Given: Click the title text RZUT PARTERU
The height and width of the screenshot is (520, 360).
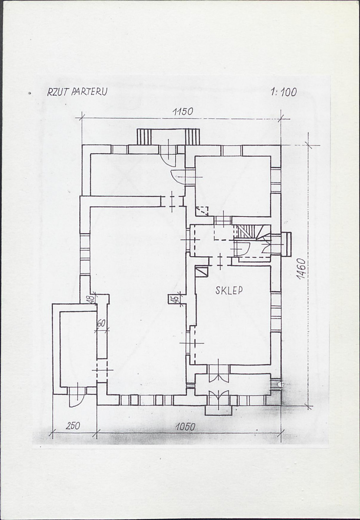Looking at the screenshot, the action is click(x=77, y=92).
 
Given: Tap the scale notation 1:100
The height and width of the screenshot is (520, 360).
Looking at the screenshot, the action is click(x=284, y=92).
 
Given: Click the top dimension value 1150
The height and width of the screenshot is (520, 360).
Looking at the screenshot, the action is click(x=182, y=112).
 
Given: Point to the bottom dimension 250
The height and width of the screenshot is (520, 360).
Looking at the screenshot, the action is click(x=72, y=426).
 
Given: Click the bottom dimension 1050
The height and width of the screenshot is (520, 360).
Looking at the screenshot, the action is click(x=185, y=427).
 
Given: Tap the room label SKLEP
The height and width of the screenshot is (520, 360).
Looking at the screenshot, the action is click(x=229, y=290).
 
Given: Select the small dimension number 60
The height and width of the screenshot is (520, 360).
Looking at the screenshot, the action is click(x=101, y=323).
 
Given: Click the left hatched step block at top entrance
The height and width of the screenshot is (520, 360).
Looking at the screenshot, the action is click(x=144, y=137).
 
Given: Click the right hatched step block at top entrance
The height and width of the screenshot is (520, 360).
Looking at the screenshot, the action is click(x=192, y=137).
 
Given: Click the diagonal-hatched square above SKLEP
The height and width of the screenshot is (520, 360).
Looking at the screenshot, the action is click(x=201, y=272).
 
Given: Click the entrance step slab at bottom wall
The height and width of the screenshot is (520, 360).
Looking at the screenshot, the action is click(x=218, y=410).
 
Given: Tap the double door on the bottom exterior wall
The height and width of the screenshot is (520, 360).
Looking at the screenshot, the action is click(x=218, y=397).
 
